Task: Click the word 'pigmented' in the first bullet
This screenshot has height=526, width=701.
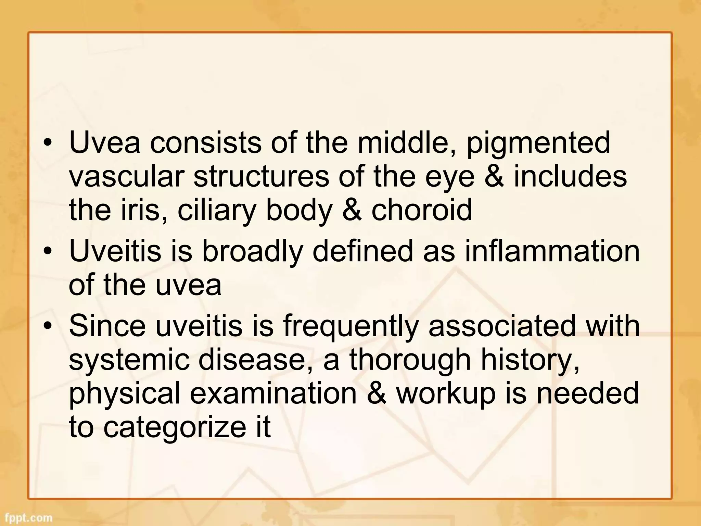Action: (x=538, y=143)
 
